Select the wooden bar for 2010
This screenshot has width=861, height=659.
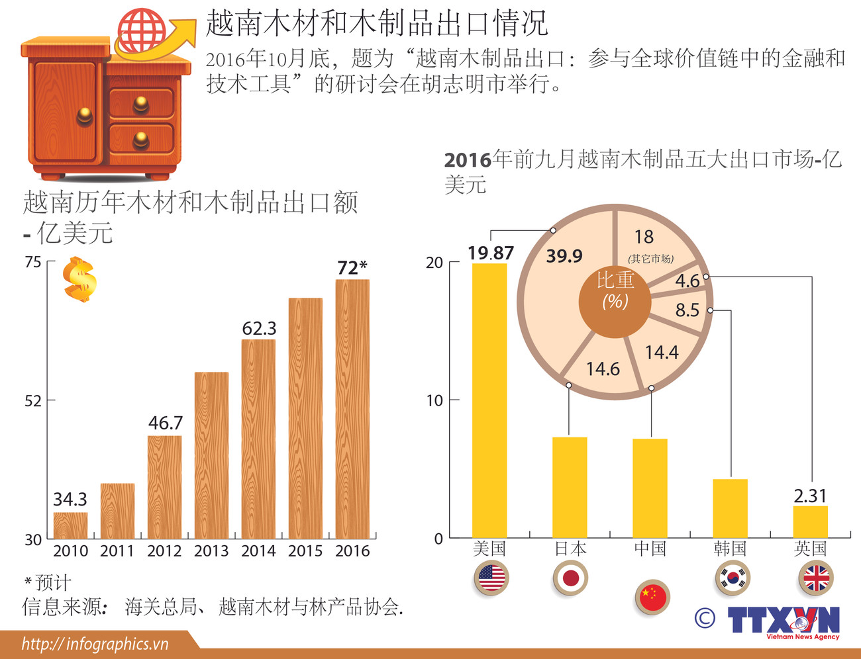(x=70, y=525)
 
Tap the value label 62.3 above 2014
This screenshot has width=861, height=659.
(x=259, y=328)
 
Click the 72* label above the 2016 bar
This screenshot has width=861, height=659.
(x=352, y=267)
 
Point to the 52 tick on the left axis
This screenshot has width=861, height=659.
(x=33, y=401)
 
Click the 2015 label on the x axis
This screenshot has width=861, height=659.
(x=305, y=551)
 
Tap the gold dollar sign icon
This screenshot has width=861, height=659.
(x=79, y=280)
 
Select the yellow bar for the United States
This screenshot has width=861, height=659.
(x=489, y=400)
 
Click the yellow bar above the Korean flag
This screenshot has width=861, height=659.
(x=730, y=508)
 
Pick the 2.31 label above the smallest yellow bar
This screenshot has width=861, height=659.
(x=810, y=496)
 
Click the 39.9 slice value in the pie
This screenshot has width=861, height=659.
(x=564, y=256)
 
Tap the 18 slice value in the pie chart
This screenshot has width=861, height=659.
(x=644, y=237)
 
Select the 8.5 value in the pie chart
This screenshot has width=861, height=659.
(x=687, y=310)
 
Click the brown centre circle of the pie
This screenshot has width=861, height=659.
(x=615, y=302)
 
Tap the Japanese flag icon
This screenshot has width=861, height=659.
(x=570, y=578)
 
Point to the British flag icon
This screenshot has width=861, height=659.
(x=816, y=578)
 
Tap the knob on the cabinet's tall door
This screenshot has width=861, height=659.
(x=84, y=116)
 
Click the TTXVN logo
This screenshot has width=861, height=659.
(x=784, y=622)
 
